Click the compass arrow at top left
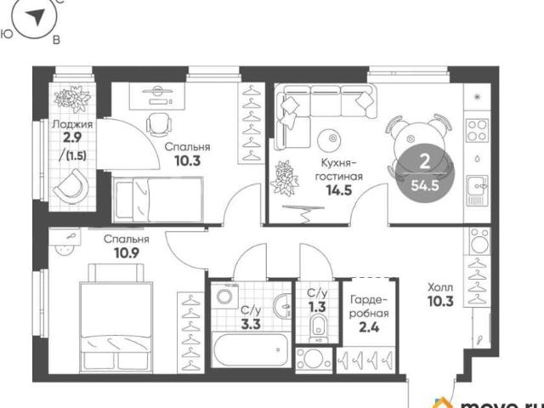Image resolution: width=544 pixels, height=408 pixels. pyautogui.click(x=36, y=17)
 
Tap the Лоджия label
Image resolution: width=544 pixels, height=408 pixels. pyautogui.click(x=72, y=124)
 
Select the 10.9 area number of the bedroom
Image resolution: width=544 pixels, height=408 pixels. pyautogui.click(x=127, y=253)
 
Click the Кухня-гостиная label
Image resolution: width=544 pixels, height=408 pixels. pyautogui.click(x=338, y=169)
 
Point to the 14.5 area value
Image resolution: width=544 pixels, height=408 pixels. pyautogui.click(x=339, y=190)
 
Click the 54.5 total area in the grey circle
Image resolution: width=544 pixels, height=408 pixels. pyautogui.click(x=425, y=186)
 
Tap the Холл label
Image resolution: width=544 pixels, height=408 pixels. pyautogui.click(x=440, y=287)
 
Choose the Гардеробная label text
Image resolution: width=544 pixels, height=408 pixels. pyautogui.click(x=369, y=306)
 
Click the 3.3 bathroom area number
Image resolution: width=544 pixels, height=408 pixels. pyautogui.click(x=251, y=326)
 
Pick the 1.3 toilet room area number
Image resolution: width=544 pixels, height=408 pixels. pyautogui.click(x=317, y=308)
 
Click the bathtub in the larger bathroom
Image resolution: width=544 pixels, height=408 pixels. pyautogui.click(x=251, y=349)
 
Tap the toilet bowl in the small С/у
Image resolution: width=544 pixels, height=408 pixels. pyautogui.click(x=317, y=327)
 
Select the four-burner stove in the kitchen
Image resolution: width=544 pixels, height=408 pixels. pyautogui.click(x=477, y=130)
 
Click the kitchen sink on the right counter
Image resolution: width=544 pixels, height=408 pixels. pyautogui.click(x=478, y=190)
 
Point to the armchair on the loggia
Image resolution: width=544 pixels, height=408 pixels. pyautogui.click(x=71, y=187)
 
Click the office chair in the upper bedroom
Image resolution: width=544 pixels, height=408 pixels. pyautogui.click(x=159, y=124)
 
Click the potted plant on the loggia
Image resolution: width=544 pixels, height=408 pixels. pyautogui.click(x=72, y=99)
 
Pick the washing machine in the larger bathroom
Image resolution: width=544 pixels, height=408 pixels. pyautogui.click(x=227, y=296)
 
